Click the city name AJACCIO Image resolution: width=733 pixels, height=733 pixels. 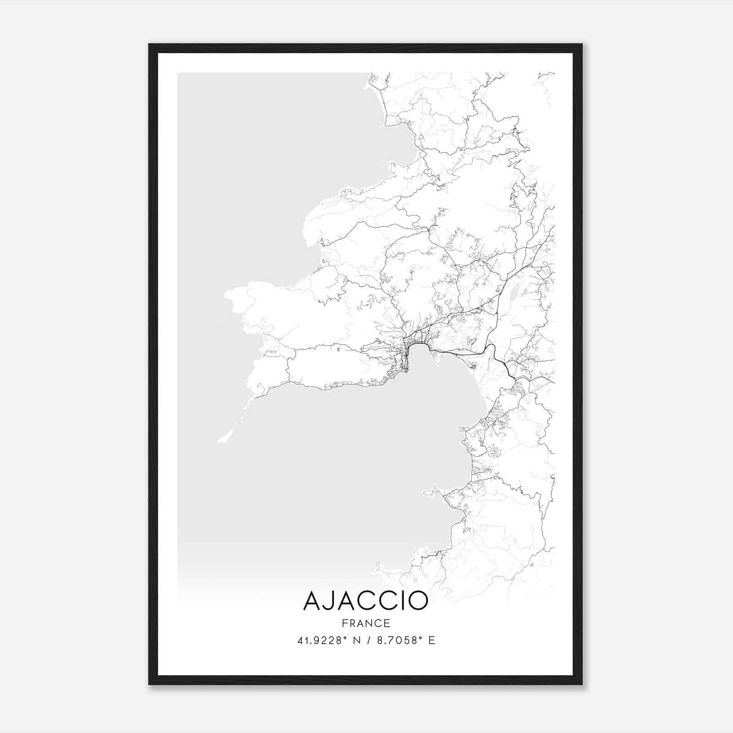tap(366, 601)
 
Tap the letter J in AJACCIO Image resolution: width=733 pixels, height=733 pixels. tap(329, 601)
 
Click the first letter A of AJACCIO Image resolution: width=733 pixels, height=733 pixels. tap(312, 601)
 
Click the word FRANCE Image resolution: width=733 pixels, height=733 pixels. tap(366, 623)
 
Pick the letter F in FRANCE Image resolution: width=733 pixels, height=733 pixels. tap(344, 623)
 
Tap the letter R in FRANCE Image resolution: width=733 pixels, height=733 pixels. tap(352, 623)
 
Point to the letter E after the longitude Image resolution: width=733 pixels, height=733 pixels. tap(431, 640)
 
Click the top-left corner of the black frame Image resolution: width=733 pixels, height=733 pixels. tap(150, 45)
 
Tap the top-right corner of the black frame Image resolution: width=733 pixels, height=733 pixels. tap(581, 45)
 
